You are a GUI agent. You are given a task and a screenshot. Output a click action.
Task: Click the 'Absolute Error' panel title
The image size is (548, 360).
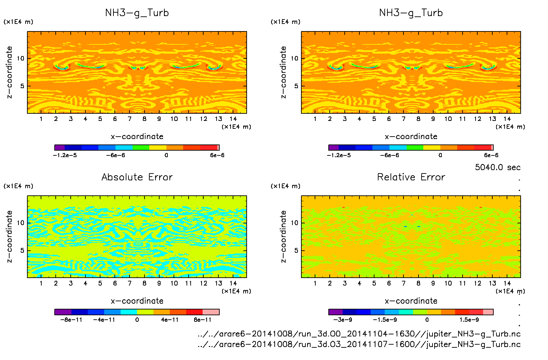coord(137,177)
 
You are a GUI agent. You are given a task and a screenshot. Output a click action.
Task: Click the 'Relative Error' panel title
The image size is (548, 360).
coord(411,177)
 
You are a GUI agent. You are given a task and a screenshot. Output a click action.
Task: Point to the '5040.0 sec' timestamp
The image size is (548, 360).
coord(497,167)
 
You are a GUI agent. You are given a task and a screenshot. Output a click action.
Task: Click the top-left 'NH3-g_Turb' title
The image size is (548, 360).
coord(137,13)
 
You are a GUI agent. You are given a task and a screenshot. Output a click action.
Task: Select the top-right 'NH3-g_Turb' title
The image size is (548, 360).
coord(411,13)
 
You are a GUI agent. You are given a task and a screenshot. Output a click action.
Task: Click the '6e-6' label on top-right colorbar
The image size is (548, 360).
coord(491,155)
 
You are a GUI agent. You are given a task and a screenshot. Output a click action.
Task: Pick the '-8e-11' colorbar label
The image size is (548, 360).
coord(71,320)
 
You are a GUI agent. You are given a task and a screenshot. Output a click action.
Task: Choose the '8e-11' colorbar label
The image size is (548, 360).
coord(203,320)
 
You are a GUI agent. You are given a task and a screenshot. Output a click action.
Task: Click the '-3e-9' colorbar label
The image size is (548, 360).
coord(343,320)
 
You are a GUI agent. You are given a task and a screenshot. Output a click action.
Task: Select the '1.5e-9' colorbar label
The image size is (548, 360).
coord(469,320)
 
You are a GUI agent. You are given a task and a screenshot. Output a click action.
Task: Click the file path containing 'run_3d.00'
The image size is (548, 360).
coord(359,334)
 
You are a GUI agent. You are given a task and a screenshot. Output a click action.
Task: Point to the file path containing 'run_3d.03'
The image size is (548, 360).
coord(359,344)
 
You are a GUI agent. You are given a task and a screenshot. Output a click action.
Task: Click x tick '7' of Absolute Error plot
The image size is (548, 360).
coord(129,283)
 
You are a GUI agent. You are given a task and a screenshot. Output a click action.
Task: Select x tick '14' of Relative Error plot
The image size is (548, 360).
coord(507,283)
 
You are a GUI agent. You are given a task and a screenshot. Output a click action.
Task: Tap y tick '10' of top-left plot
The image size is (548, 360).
coord(21,58)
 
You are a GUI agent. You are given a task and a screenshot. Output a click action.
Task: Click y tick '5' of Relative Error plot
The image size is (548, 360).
coord(296,250)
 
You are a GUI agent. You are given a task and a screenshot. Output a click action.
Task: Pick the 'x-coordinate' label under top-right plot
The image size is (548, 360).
coord(411,137)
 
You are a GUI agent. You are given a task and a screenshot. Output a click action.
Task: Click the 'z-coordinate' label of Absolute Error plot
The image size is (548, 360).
coord(10,236)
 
